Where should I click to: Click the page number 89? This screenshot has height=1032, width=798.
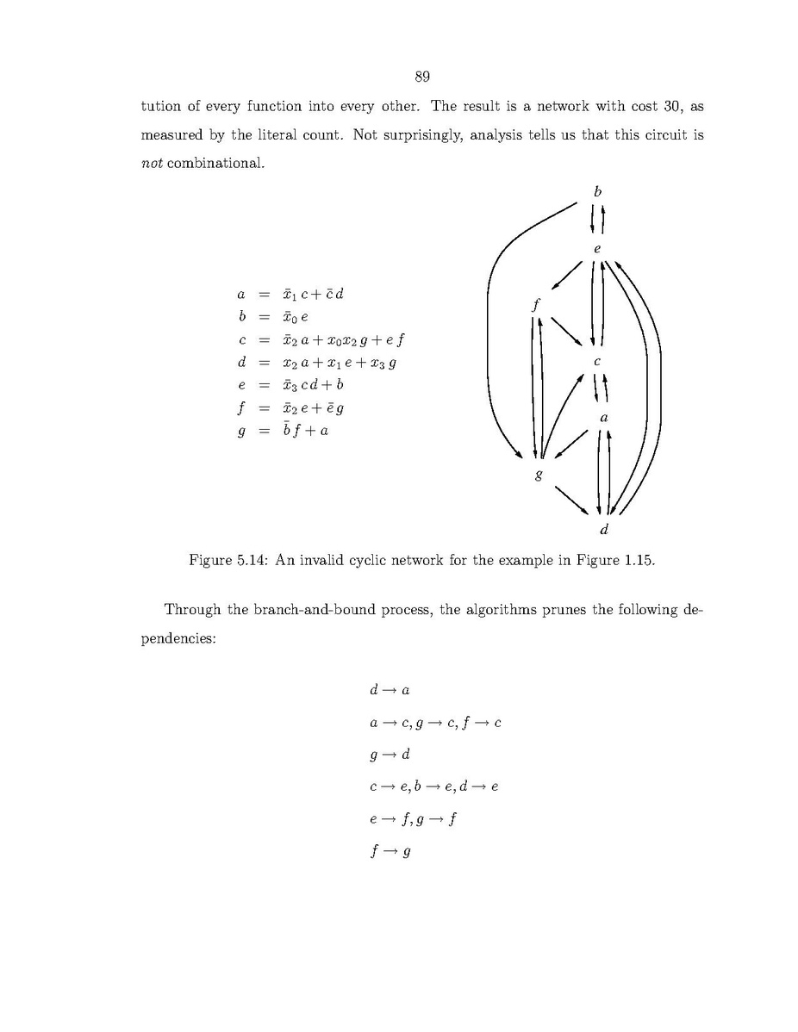(422, 78)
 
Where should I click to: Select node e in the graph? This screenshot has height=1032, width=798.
(596, 249)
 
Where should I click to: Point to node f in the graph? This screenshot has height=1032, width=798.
(536, 303)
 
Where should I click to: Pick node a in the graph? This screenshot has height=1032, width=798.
(603, 418)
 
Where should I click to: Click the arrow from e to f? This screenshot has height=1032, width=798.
(565, 277)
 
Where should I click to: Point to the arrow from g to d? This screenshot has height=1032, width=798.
(574, 500)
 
